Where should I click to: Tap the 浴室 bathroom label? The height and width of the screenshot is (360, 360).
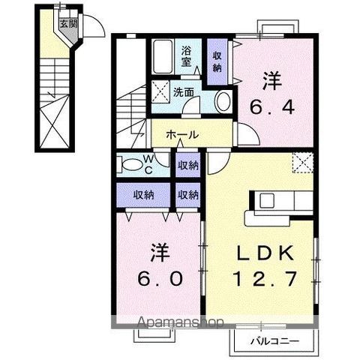click(x=187, y=57)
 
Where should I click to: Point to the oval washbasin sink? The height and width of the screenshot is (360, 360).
click(x=223, y=103)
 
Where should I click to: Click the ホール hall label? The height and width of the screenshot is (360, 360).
click(x=182, y=135)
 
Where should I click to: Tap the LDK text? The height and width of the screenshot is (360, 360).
click(x=266, y=252)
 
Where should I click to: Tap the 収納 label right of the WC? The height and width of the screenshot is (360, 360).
click(x=187, y=164)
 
